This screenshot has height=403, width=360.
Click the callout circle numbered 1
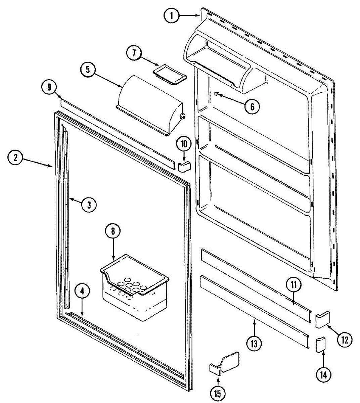pos(172,15)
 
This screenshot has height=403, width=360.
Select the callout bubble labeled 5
pos(88,70)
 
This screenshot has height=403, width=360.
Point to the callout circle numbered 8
pos(113,231)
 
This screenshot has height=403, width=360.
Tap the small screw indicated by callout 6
pos(217,94)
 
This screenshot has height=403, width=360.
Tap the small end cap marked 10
pos(184,166)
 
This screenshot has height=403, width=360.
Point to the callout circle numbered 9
pos(49,87)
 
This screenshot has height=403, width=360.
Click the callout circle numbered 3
pos(89,205)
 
